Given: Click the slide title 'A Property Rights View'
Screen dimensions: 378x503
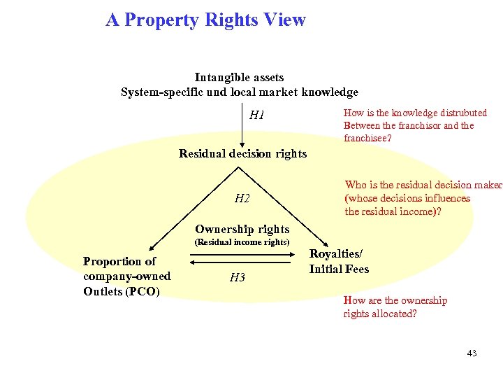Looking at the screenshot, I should click(x=205, y=20).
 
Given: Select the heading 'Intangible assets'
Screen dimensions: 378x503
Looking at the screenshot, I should click(x=239, y=77).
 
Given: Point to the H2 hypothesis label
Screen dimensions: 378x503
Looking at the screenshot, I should click(x=242, y=199).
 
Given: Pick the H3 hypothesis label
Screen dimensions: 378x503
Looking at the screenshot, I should click(x=238, y=278).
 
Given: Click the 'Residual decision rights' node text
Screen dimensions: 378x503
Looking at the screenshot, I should click(x=242, y=153).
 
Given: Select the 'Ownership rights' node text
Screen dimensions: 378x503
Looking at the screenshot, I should click(x=242, y=229).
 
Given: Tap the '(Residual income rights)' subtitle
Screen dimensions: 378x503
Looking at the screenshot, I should click(x=242, y=242).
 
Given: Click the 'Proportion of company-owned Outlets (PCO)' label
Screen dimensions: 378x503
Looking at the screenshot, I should click(x=126, y=276).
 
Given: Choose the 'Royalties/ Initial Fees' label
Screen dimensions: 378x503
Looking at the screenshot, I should click(x=339, y=262).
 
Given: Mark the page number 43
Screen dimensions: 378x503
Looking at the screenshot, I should click(x=472, y=353).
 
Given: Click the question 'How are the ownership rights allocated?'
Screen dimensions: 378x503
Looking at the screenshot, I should click(x=395, y=307).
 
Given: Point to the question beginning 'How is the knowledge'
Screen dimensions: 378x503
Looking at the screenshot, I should click(x=415, y=125).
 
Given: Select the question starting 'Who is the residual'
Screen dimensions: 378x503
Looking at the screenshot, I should click(x=423, y=198).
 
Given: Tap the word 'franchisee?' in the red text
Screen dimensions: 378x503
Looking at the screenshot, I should click(x=367, y=139).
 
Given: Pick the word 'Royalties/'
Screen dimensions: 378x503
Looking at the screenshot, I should click(x=336, y=254).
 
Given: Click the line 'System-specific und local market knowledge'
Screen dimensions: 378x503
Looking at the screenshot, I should click(x=239, y=92).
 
